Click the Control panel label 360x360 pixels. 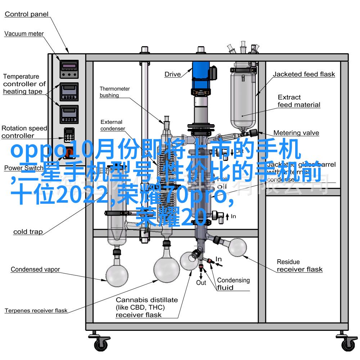tap(26, 14)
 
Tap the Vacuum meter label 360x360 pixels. tap(24, 34)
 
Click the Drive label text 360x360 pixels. tap(172, 75)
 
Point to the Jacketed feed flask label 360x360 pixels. tap(303, 75)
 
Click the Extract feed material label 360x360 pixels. tap(299, 101)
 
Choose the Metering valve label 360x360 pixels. tap(296, 133)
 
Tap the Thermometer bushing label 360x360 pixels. tap(114, 92)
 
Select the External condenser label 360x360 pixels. tap(112, 125)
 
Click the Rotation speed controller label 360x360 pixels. tap(24, 132)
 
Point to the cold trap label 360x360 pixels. tap(28, 232)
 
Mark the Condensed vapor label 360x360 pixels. tap(35, 269)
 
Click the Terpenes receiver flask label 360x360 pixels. tap(36, 310)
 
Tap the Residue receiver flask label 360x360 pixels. tap(299, 266)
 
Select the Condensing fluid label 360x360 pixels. tap(233, 284)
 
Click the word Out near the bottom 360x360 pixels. tap(201, 283)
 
